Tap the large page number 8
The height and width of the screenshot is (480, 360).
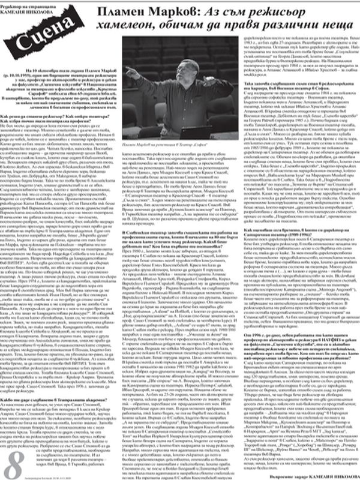tap(14, 458)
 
